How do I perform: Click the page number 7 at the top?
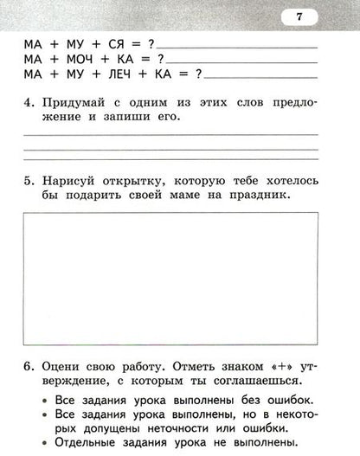click(x=299, y=16)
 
